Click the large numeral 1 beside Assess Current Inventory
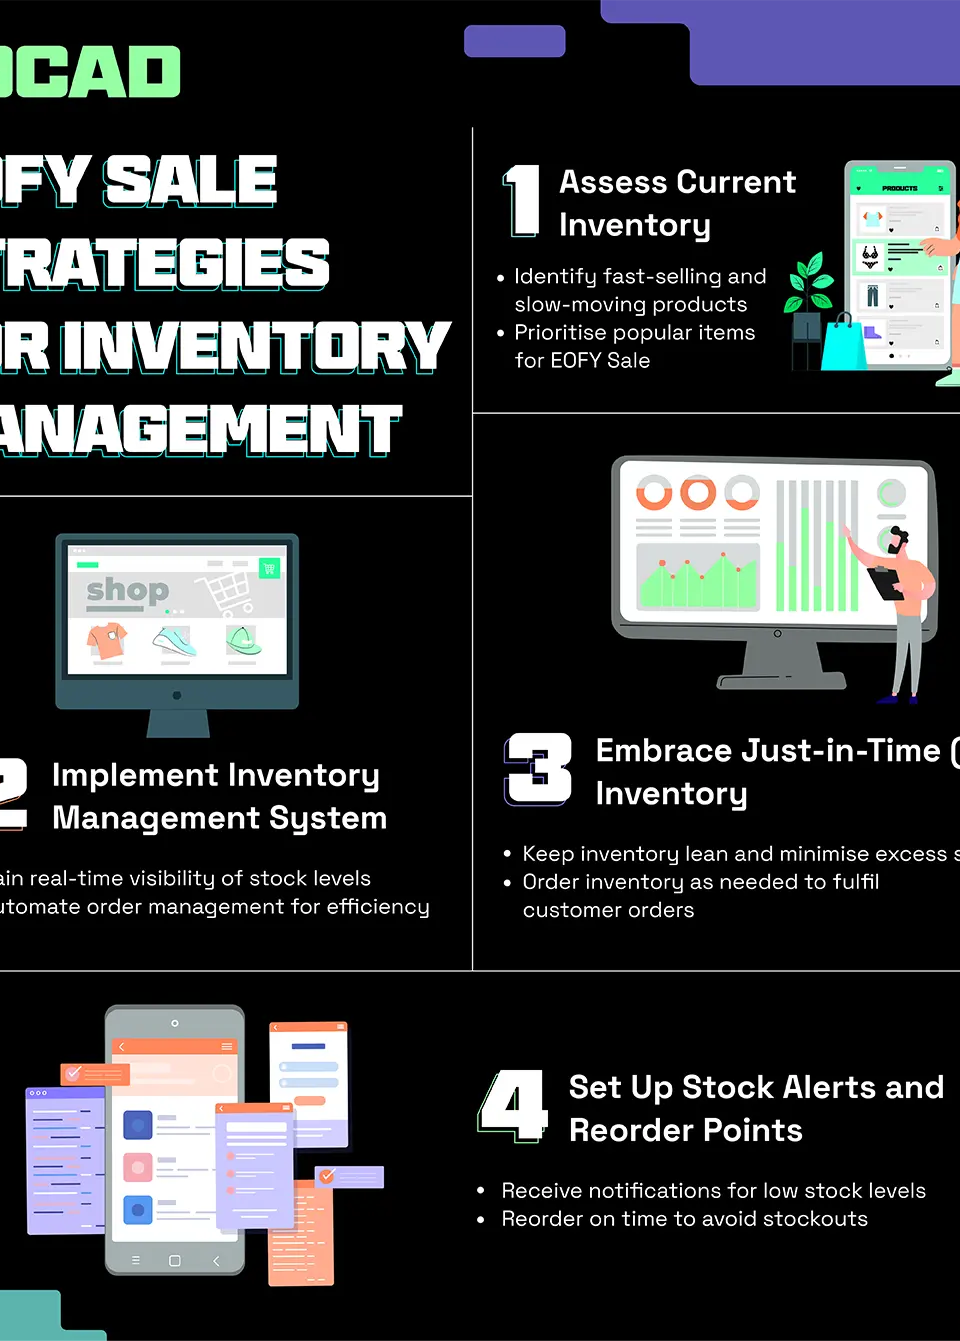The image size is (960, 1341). pos(522,201)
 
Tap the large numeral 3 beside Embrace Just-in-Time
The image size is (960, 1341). pos(539,768)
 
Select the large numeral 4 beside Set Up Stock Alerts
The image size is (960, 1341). pos(514,1105)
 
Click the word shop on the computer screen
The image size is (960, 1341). pos(127,590)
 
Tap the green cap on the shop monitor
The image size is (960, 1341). pos(243,640)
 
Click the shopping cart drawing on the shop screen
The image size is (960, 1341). pos(229,592)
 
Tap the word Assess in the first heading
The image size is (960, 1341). pos(611,182)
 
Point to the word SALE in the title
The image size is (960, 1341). pos(190,181)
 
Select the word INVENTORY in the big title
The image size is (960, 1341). pos(255,346)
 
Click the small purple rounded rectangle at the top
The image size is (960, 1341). pos(514,41)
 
